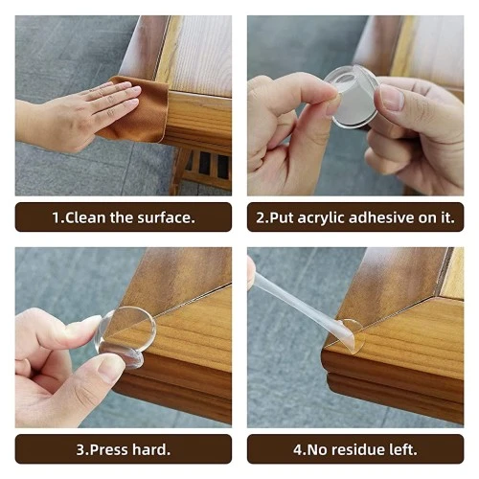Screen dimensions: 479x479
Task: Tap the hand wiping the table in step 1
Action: (x=81, y=113)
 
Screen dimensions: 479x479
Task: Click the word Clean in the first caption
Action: (x=83, y=217)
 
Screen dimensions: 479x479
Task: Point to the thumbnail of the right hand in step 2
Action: (x=392, y=97)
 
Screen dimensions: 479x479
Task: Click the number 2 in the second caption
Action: (x=260, y=217)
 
